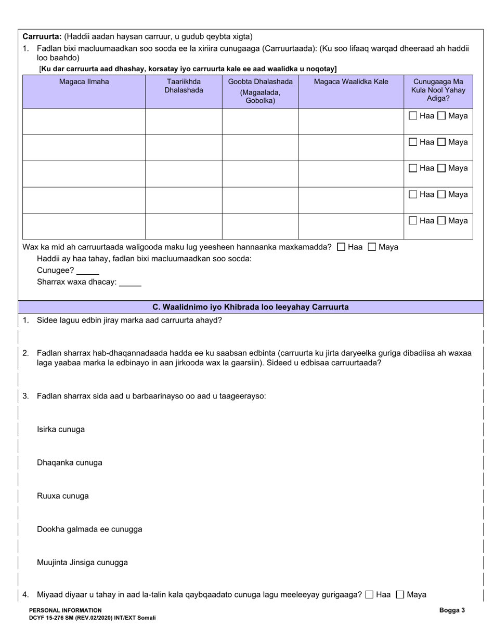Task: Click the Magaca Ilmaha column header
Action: [84, 82]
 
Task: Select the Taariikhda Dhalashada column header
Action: [184, 86]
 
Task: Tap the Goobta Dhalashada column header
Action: [260, 90]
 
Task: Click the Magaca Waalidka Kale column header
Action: [351, 82]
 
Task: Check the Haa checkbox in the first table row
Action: [413, 116]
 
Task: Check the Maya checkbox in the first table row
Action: [441, 116]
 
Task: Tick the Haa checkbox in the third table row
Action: [413, 168]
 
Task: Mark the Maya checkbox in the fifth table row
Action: [441, 221]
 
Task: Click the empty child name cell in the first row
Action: [84, 122]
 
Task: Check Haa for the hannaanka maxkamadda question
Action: [341, 247]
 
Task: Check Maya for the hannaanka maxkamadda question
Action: [372, 247]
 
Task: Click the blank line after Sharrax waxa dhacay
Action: [130, 283]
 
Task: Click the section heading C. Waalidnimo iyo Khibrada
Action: [250, 307]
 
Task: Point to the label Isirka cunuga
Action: [61, 430]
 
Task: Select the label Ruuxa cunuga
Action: [63, 496]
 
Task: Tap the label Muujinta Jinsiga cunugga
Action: [82, 563]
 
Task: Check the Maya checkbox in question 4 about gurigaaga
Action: [400, 595]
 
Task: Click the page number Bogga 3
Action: [452, 610]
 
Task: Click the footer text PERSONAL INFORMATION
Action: [66, 610]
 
